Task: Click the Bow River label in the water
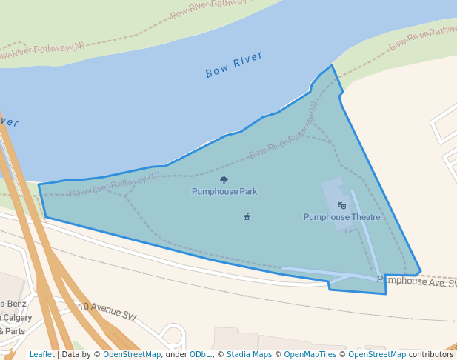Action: [234, 65]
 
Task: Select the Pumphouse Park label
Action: [224, 191]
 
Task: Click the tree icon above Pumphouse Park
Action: [224, 179]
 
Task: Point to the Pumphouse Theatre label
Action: [341, 217]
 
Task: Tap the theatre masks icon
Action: [341, 205]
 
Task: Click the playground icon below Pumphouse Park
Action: [247, 216]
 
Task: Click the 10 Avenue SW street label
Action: [108, 310]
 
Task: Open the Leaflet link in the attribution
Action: [42, 355]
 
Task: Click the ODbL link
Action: [200, 355]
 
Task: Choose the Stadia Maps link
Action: [249, 355]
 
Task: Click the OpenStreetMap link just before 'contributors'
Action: [377, 355]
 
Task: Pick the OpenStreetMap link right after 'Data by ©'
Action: [132, 355]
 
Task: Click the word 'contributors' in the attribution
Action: [431, 355]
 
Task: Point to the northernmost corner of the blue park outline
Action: [332, 65]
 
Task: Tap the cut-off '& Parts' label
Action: [11, 331]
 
